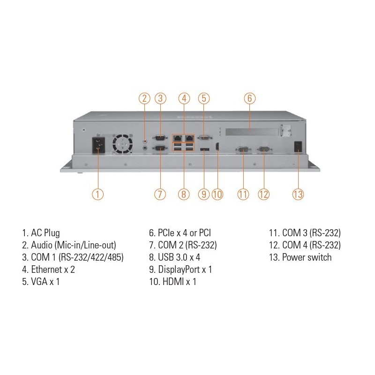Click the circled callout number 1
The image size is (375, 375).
[x=97, y=194]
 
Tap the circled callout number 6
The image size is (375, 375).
[x=250, y=98]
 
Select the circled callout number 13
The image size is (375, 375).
[x=298, y=194]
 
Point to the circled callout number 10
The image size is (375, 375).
[x=217, y=194]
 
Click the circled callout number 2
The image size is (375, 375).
[x=144, y=98]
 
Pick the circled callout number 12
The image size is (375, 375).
[x=264, y=194]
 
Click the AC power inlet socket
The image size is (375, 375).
[x=98, y=146]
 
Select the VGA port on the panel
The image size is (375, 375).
[x=203, y=138]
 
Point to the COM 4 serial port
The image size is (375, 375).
[x=263, y=149]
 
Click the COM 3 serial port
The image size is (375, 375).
[x=243, y=149]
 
